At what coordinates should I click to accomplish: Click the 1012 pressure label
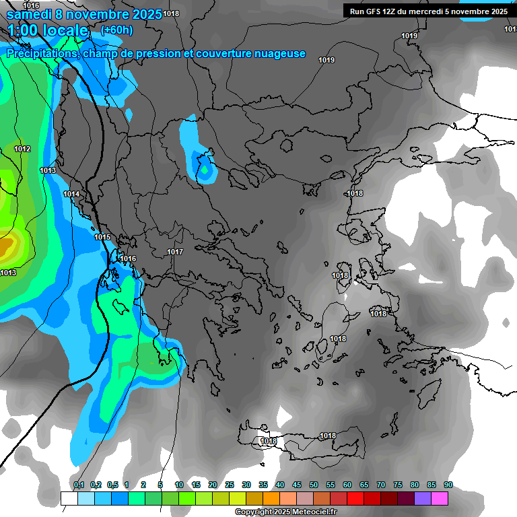point(22,149)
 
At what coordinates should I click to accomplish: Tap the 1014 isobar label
point(72,195)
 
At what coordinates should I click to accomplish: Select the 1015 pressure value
point(102,237)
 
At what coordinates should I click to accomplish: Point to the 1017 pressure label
point(175,252)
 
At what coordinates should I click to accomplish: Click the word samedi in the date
point(29,14)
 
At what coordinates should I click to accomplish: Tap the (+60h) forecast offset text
point(116,30)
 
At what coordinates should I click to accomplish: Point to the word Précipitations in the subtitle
point(40,54)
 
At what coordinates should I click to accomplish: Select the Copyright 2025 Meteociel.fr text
point(286,512)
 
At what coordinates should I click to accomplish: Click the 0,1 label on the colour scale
point(79,485)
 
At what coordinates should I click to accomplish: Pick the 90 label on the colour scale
point(448,485)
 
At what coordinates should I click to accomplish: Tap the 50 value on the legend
point(314,485)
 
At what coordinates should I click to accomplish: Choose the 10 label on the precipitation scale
point(179,485)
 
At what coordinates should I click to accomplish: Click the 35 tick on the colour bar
point(263,485)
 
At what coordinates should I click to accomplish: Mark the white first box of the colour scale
point(69,498)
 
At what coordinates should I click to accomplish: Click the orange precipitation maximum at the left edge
point(5,248)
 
